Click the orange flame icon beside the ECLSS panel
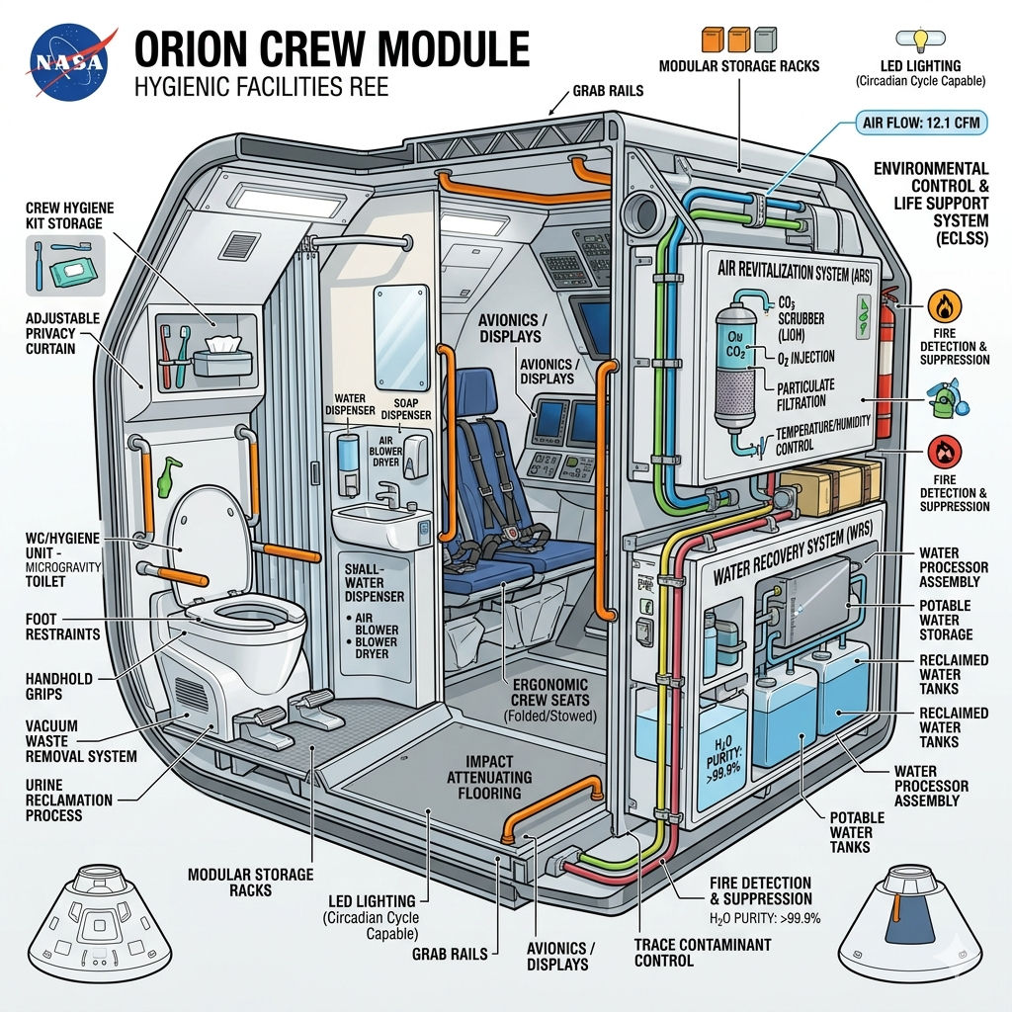click(x=941, y=303)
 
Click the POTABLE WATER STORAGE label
click(x=945, y=620)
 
